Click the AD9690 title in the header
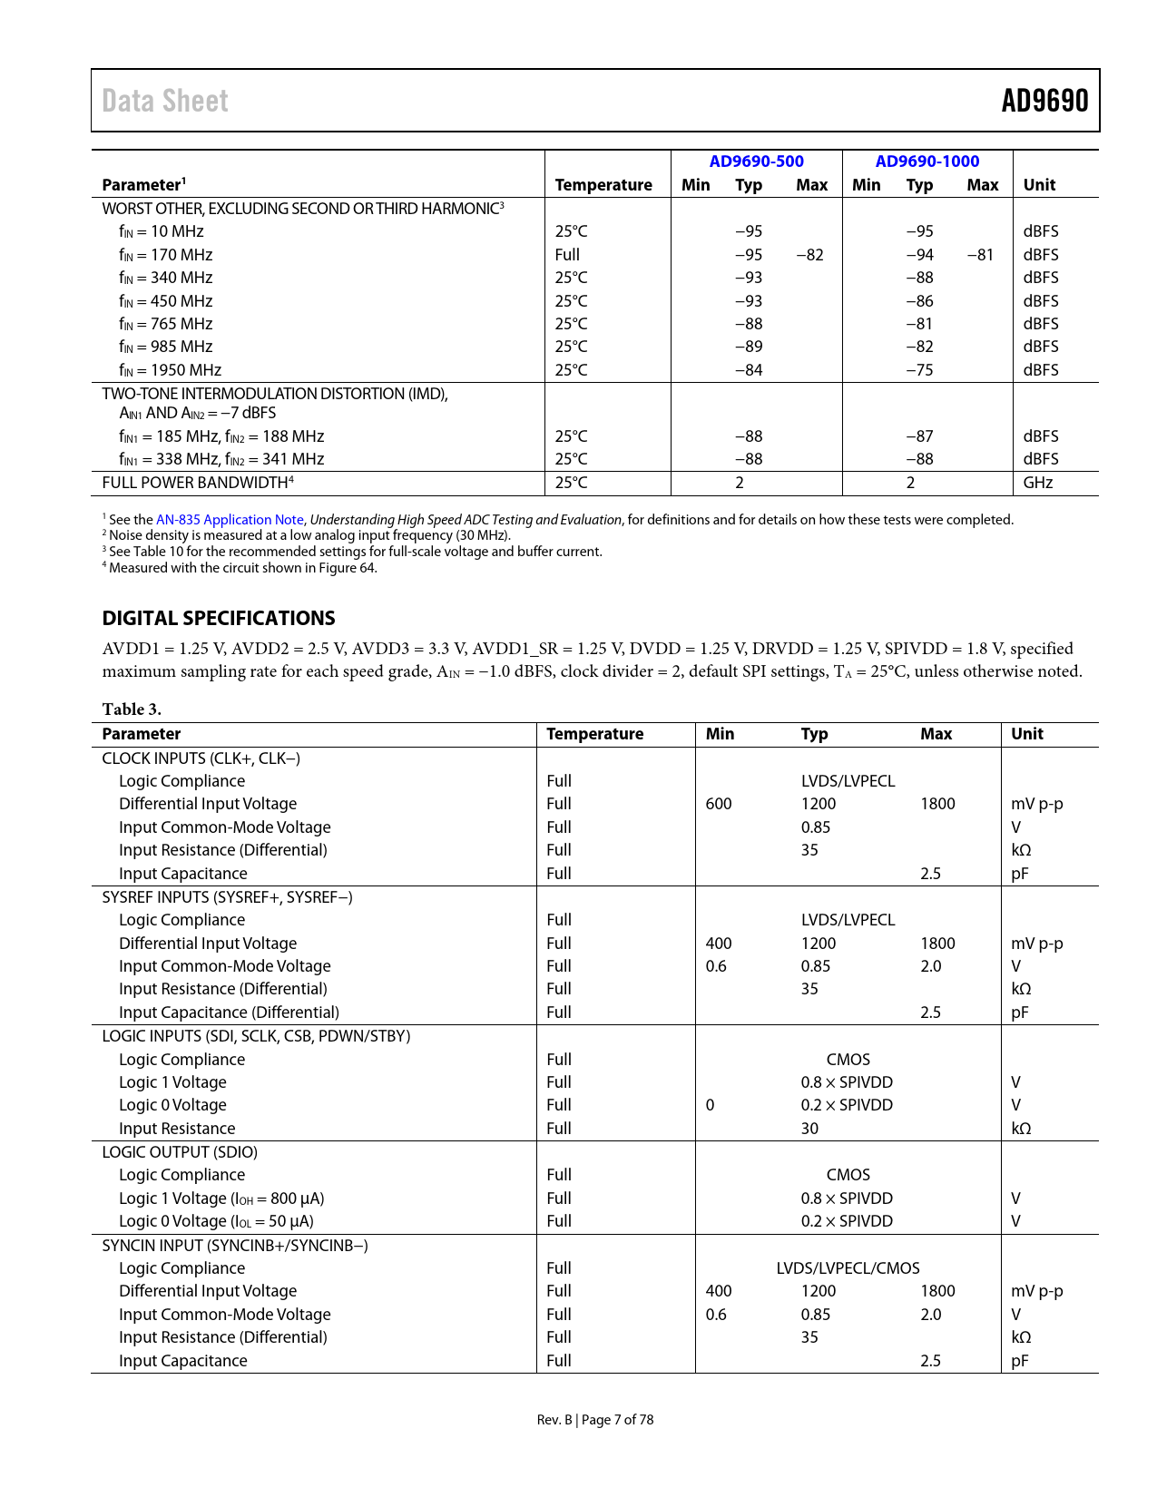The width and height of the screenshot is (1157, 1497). point(1044,101)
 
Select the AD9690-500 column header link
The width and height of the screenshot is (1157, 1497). point(756,161)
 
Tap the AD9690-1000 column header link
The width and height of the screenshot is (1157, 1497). point(927,161)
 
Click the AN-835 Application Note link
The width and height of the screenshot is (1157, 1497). point(230,520)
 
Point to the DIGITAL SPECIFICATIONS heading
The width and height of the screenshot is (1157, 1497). point(219,619)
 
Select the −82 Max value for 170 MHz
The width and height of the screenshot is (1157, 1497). point(809,255)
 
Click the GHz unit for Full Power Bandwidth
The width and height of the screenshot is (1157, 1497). point(1038,483)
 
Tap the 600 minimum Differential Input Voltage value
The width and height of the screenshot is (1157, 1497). point(719,804)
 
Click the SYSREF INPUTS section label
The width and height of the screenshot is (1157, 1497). point(227,897)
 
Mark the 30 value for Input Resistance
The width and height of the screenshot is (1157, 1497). point(809,1129)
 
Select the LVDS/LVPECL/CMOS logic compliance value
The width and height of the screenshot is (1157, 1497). point(848,1268)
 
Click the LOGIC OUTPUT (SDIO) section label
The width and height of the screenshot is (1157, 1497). point(180,1152)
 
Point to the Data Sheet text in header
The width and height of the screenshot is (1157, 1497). point(165,101)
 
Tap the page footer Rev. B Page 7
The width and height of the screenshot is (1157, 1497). point(594,1420)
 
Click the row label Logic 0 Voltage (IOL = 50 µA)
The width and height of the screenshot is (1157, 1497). point(216,1221)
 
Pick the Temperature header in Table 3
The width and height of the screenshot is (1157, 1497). point(595,734)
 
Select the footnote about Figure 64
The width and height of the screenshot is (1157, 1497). point(240,568)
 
